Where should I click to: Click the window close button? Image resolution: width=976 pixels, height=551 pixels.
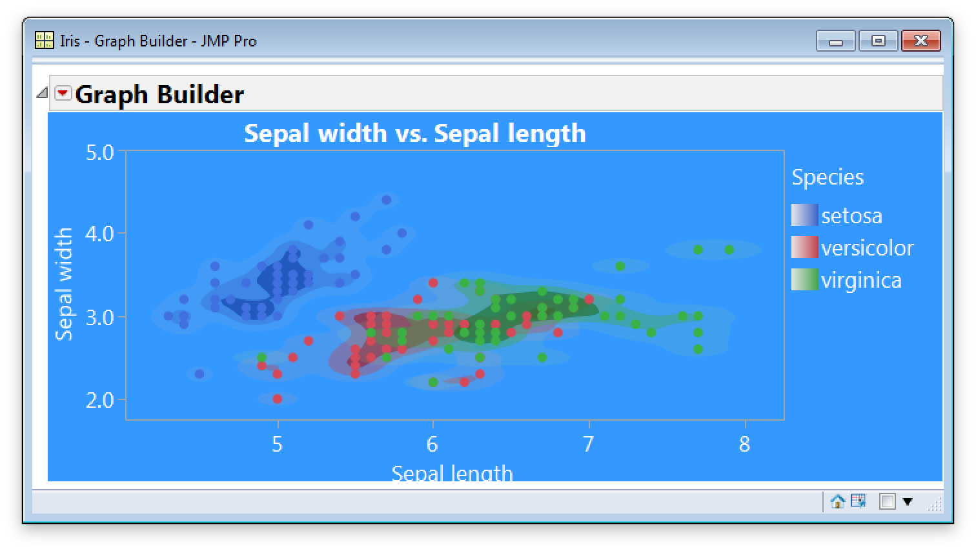click(x=920, y=41)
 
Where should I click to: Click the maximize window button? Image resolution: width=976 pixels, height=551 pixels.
click(x=878, y=41)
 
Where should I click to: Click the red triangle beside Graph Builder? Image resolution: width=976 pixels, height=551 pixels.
click(x=63, y=94)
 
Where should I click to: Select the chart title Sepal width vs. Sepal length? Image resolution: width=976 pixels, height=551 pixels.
click(x=414, y=134)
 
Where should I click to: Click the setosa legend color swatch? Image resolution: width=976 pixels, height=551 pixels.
click(x=804, y=215)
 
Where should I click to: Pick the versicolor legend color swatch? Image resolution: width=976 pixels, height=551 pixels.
click(x=804, y=247)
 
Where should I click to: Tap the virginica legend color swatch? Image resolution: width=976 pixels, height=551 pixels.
click(x=804, y=279)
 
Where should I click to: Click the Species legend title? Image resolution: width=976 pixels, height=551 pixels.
click(x=828, y=177)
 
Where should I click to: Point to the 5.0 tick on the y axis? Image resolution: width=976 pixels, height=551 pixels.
click(x=100, y=153)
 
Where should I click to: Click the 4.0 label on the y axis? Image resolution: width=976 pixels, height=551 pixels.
click(x=100, y=234)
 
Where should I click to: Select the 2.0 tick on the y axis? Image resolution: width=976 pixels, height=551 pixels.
click(x=100, y=400)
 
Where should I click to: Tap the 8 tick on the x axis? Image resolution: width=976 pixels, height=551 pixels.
click(x=744, y=445)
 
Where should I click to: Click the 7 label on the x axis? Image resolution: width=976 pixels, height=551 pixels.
click(x=588, y=445)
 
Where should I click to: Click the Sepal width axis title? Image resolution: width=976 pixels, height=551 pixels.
click(x=64, y=284)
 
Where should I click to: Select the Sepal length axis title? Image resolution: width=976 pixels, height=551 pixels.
click(x=452, y=473)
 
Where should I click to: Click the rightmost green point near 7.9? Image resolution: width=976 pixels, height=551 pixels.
click(x=729, y=250)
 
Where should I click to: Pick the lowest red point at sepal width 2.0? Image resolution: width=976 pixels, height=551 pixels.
click(x=278, y=399)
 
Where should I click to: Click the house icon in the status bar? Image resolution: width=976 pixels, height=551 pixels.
click(x=837, y=501)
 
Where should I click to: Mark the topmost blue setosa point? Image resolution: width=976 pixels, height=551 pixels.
click(x=386, y=200)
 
